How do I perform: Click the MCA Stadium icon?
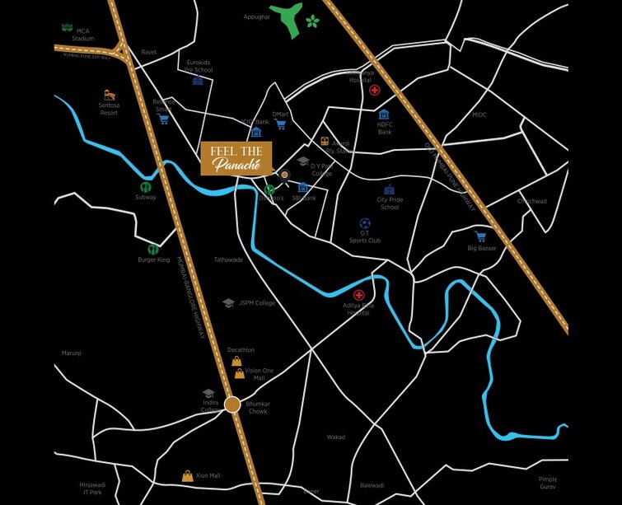pos(67,27)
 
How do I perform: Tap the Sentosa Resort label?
pos(109,110)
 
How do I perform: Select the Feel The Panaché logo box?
pos(236,158)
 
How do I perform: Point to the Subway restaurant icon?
pos(146,187)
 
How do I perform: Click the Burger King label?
pos(153,260)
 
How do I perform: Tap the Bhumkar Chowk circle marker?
pos(232,404)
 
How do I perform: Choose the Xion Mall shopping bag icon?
pos(188,476)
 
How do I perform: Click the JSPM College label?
pos(257,303)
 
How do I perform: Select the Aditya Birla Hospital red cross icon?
pos(358,295)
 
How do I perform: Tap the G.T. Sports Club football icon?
pos(365,223)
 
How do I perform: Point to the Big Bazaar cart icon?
pos(480,237)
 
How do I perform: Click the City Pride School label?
pos(390,203)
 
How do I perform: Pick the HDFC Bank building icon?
pos(384,115)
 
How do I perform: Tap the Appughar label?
pos(256,16)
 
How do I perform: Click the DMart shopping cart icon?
pos(280,125)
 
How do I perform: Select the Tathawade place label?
pos(228,260)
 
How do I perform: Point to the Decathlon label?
pos(241,350)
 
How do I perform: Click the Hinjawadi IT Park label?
pos(91,489)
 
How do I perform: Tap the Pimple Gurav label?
pos(548,483)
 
